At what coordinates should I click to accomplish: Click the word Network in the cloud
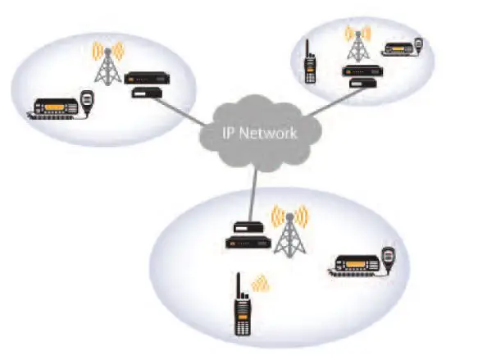(x=267, y=133)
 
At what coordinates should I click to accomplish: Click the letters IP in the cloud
(x=228, y=133)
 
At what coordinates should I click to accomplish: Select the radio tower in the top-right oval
(x=358, y=45)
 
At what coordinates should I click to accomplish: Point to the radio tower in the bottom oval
(x=289, y=232)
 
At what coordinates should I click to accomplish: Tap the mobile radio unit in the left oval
(x=55, y=108)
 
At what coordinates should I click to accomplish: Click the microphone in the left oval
(x=87, y=101)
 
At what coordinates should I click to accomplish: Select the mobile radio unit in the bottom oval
(x=355, y=265)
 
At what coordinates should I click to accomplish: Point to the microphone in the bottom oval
(x=388, y=257)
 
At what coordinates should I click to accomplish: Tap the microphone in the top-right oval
(x=419, y=45)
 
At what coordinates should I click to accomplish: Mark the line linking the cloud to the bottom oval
(x=253, y=197)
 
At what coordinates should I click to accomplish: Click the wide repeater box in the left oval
(x=147, y=78)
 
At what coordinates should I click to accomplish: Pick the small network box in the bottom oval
(x=248, y=227)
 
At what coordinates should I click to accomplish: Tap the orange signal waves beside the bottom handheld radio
(x=260, y=284)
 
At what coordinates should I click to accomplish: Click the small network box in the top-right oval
(x=362, y=83)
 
